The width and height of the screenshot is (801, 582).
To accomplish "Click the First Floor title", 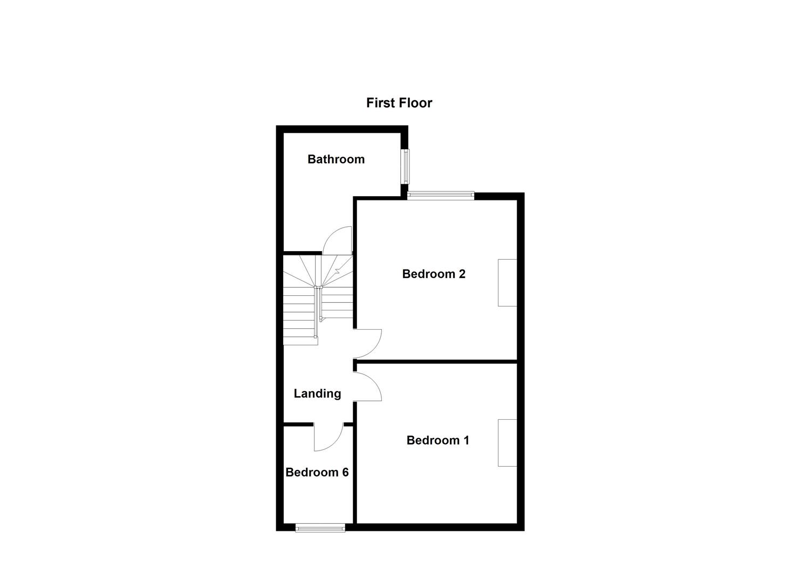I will tap(399, 103).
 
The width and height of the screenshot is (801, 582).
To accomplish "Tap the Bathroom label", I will tap(336, 159).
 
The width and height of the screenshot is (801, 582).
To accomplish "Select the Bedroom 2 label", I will tap(434, 274).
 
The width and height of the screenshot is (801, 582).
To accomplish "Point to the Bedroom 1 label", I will tap(437, 440).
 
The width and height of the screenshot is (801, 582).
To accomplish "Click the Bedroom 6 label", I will tap(317, 473).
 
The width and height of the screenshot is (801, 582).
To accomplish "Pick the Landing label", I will tap(317, 393).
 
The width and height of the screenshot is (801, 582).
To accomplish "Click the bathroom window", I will tap(405, 165).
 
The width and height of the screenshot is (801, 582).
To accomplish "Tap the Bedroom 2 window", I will tap(440, 195).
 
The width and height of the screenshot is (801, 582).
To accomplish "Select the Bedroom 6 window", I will tap(320, 528).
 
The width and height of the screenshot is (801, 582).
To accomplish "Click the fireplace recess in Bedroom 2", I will tap(507, 283).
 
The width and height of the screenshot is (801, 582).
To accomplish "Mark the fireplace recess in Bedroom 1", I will tap(507, 442).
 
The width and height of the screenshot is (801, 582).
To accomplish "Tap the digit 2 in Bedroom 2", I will tap(461, 274).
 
